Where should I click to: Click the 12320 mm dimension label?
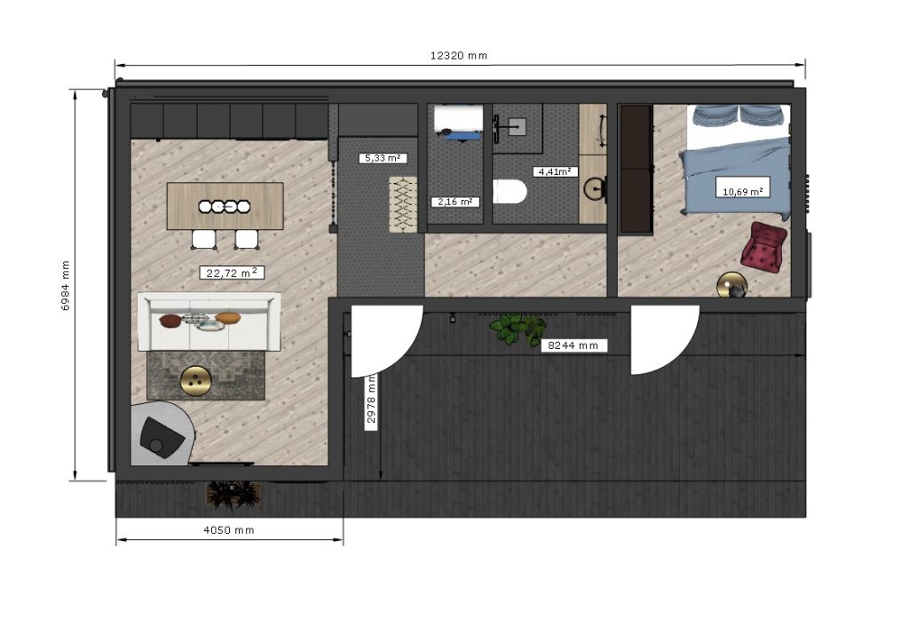click(x=459, y=56)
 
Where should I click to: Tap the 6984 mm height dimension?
click(x=66, y=285)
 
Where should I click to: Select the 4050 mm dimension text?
click(x=229, y=530)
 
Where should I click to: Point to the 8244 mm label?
click(x=573, y=345)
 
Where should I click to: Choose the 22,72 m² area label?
click(x=232, y=273)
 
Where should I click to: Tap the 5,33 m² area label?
click(x=383, y=158)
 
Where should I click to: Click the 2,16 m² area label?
click(x=455, y=202)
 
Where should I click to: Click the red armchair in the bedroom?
click(x=764, y=246)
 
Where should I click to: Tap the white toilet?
click(x=510, y=192)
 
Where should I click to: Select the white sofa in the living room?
click(x=209, y=321)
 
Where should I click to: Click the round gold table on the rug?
click(x=196, y=382)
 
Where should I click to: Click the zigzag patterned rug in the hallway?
click(x=403, y=204)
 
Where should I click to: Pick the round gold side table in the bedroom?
click(x=732, y=285)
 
